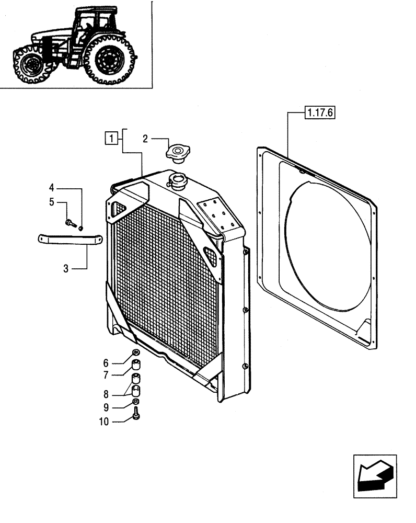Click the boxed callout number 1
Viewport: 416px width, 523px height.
click(x=110, y=139)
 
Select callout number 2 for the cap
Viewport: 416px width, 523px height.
click(x=146, y=139)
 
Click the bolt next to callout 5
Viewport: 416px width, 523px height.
click(x=70, y=223)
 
